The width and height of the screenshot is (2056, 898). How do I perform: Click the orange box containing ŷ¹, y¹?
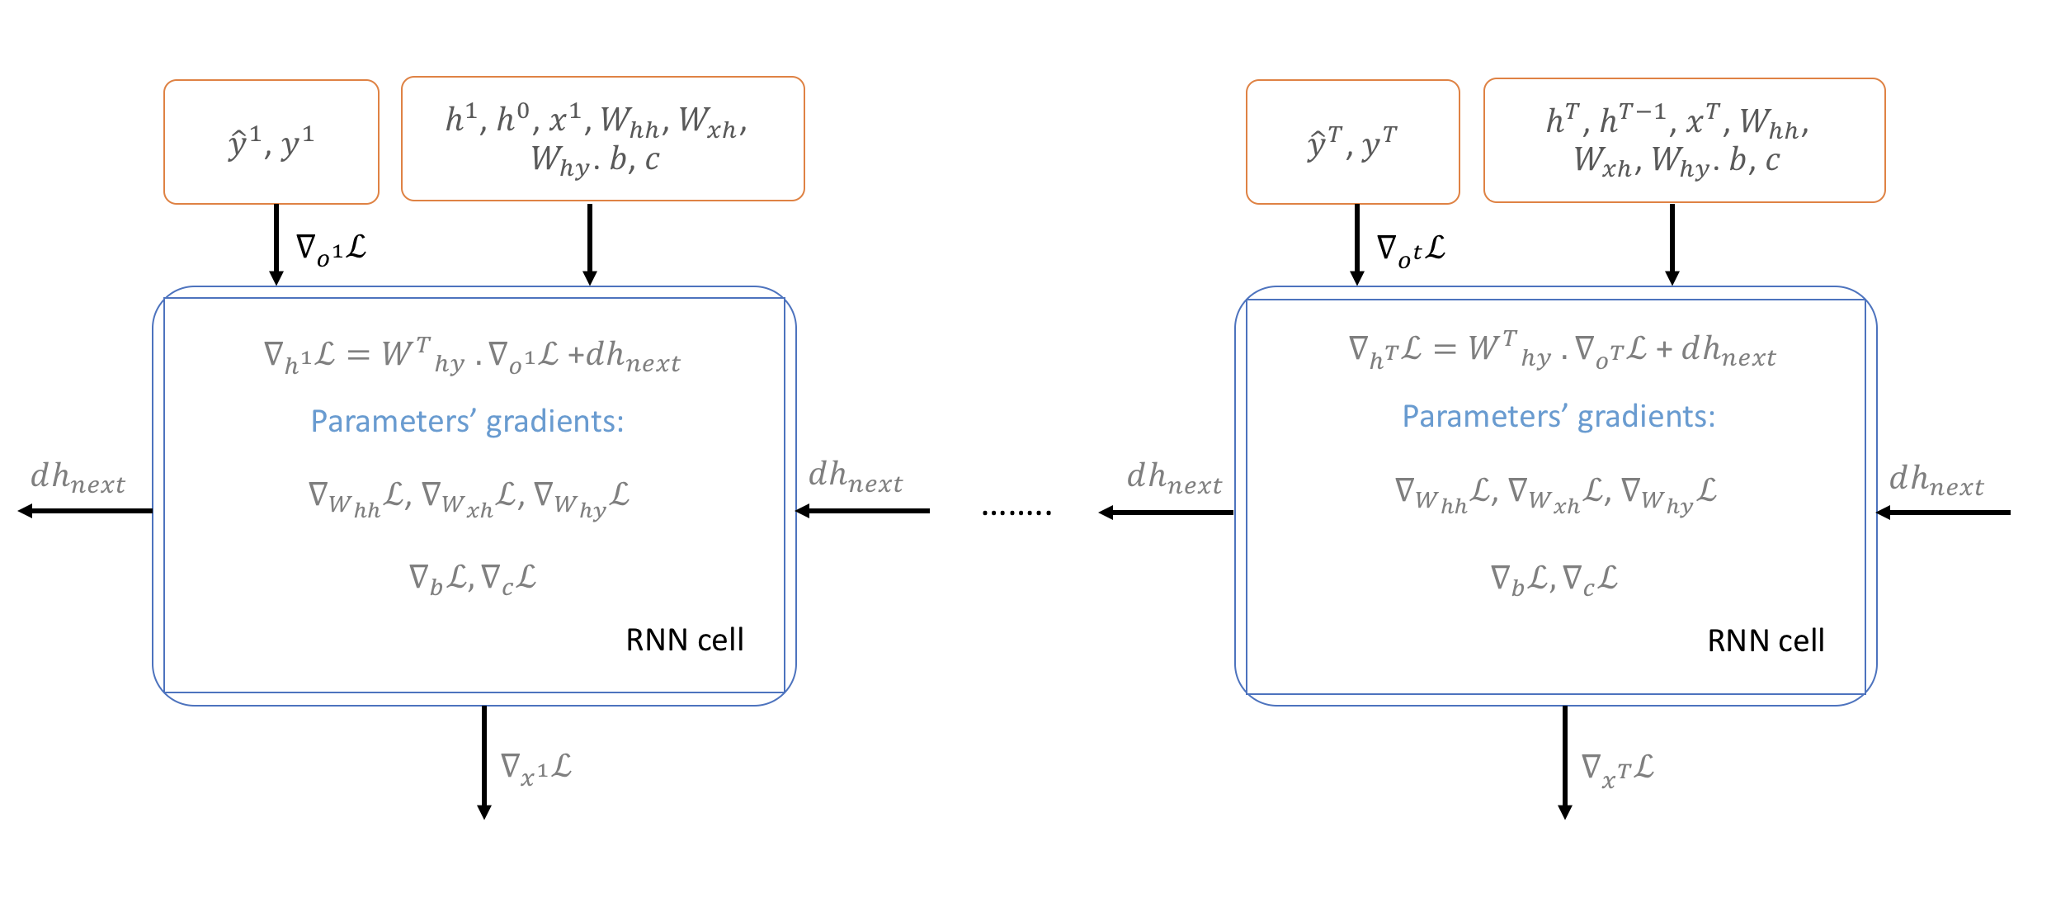point(271,142)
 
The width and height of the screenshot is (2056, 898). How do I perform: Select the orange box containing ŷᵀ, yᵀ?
point(1352,142)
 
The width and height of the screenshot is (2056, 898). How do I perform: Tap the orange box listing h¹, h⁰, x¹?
point(602,139)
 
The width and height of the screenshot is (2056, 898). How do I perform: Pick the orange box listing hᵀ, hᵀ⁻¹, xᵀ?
point(1684,140)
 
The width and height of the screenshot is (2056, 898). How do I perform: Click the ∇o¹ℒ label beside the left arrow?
point(331,248)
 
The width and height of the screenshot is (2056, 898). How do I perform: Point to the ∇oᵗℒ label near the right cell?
point(1411,249)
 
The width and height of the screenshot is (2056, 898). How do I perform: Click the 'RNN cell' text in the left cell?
point(684,640)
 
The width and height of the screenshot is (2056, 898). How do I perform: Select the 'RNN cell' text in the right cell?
point(1766,640)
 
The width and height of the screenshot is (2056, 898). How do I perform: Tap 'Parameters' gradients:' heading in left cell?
point(467,421)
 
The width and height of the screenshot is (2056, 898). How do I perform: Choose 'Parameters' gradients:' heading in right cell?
point(1559,416)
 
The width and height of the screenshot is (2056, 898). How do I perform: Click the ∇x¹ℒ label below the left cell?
point(536,768)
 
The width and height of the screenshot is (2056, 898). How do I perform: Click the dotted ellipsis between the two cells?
point(1016,513)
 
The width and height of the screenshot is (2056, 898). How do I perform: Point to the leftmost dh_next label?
point(78,478)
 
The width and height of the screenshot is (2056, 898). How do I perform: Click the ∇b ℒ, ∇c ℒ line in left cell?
point(473,578)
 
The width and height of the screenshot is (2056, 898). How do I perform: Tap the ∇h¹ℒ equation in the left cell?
point(472,356)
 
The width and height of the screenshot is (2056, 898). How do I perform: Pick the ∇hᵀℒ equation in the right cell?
point(1562,351)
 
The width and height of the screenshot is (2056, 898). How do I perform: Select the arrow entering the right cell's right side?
point(1944,513)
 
